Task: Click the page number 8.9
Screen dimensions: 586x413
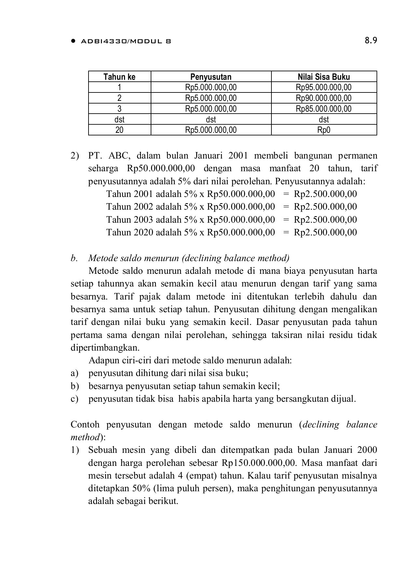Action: pyautogui.click(x=370, y=41)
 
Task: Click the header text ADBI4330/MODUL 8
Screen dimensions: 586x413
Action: pyautogui.click(x=126, y=41)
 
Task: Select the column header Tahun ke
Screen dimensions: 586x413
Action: pyautogui.click(x=119, y=77)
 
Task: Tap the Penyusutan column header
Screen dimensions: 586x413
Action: pyautogui.click(x=211, y=77)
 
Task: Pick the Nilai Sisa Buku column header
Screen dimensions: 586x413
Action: pyautogui.click(x=324, y=77)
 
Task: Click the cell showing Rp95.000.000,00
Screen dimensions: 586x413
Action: pyautogui.click(x=324, y=88)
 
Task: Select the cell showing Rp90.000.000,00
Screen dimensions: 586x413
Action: pyautogui.click(x=324, y=98)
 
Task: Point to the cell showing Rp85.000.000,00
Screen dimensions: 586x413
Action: pyautogui.click(x=324, y=109)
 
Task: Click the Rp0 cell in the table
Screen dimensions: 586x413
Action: pyautogui.click(x=324, y=130)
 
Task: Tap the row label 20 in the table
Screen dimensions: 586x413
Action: pyautogui.click(x=119, y=130)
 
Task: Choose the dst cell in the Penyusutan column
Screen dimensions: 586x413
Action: pyautogui.click(x=211, y=119)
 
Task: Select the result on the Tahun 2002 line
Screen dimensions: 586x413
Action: pyautogui.click(x=325, y=207)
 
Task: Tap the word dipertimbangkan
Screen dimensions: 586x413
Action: pyautogui.click(x=105, y=348)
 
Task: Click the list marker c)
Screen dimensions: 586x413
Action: pyautogui.click(x=75, y=399)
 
